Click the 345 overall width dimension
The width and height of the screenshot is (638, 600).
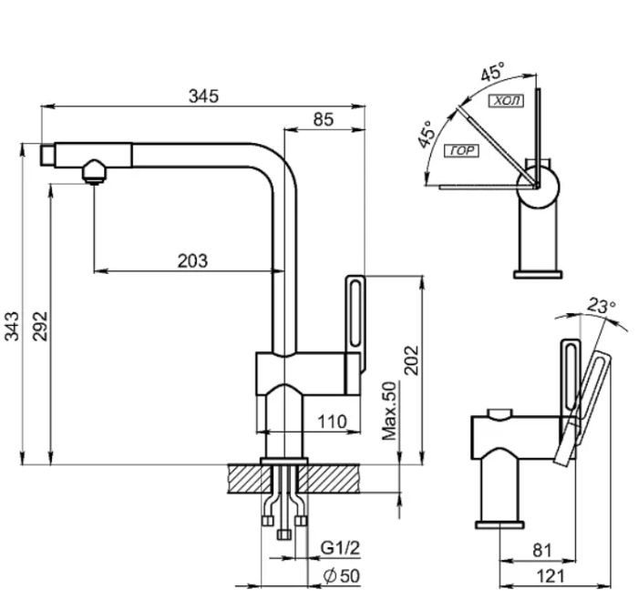tap(203, 97)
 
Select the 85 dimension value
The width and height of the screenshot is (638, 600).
tap(324, 119)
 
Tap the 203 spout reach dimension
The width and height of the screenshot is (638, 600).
tap(192, 261)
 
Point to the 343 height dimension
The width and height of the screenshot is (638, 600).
tap(11, 326)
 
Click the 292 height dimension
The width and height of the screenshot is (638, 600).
tap(40, 326)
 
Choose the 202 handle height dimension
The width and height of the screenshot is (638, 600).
tap(411, 361)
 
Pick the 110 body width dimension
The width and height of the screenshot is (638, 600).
tap(332, 422)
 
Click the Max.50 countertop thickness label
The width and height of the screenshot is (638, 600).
tap(389, 411)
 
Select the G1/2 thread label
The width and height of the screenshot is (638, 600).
tap(340, 548)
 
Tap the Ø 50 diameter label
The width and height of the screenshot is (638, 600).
tap(342, 576)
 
